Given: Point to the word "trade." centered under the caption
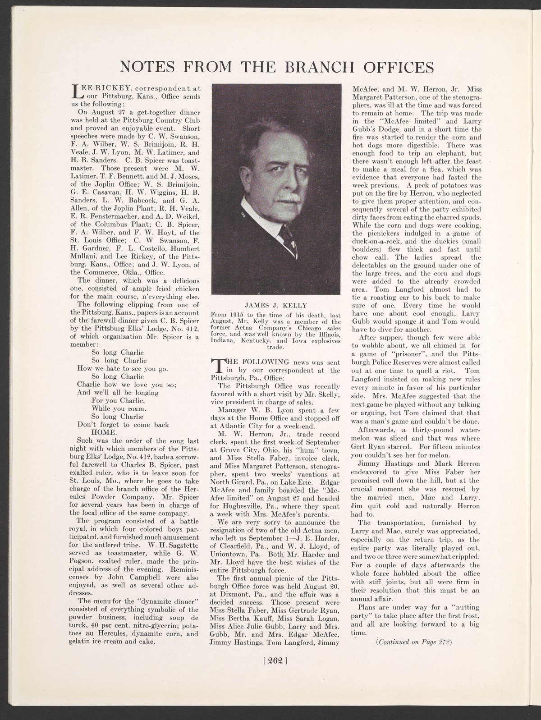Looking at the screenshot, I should pyautogui.click(x=275, y=348).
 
